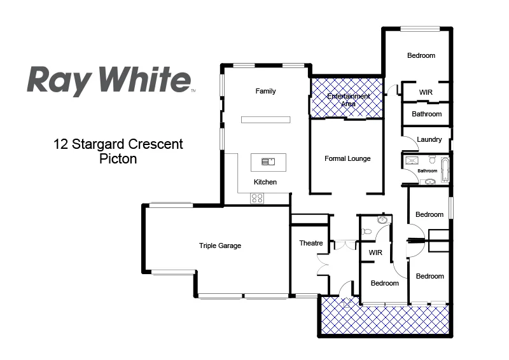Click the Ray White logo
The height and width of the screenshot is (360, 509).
pos(109,80)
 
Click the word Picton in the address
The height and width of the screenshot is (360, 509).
pos(118,159)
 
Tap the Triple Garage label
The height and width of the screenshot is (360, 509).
pos(220,246)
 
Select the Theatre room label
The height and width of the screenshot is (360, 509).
pos(311,243)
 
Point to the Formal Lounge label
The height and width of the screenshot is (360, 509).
pos(347,158)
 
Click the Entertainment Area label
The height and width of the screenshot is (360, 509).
pos(348,99)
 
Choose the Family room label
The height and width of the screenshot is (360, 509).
pos(265,91)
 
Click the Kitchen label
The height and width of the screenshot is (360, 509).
pos(265,182)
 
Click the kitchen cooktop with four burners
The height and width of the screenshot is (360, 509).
pos(257,198)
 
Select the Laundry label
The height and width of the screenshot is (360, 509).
pos(429,139)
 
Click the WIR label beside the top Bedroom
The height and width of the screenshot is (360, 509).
pos(426,92)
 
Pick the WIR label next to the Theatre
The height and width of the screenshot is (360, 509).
pos(375,253)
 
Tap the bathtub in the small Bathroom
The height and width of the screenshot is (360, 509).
pos(445,170)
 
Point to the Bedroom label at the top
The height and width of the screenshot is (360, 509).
pos(421,55)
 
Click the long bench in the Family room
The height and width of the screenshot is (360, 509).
pos(265,120)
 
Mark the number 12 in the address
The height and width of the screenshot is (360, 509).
pos(61,144)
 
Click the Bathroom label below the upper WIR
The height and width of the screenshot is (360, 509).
pos(426,114)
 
